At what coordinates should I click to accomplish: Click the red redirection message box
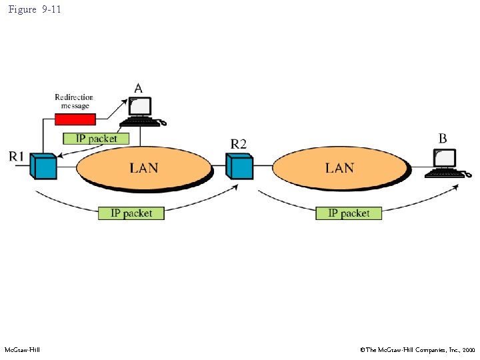coord(75,119)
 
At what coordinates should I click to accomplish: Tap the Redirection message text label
coord(74,101)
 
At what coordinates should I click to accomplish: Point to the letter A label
coord(139,88)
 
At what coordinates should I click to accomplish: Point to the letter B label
coord(443,139)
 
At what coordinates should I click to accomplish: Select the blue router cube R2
coord(239,166)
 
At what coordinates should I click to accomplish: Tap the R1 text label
coord(17,156)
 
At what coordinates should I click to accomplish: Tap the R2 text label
coord(239,143)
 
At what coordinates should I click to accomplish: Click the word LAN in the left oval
coord(144,167)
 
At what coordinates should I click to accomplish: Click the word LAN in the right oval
coord(339,167)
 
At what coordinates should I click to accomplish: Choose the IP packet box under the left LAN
coord(131,213)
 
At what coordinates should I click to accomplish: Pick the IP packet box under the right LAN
coord(349,213)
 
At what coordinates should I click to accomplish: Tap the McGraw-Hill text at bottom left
coord(22,350)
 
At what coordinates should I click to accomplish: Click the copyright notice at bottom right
coord(417,350)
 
